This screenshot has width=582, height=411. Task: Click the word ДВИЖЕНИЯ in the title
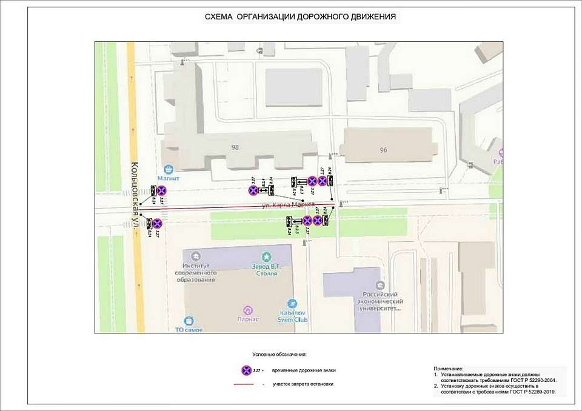[x=369, y=17]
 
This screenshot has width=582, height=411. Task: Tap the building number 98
[x=235, y=147]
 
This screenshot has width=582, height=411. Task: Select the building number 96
[x=383, y=150]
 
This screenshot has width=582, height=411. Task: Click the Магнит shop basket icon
[x=170, y=169]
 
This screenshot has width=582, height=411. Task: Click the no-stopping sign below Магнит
[x=161, y=191]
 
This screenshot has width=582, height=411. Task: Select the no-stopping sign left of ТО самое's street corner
[x=157, y=223]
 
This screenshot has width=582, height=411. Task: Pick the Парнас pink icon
[x=247, y=310]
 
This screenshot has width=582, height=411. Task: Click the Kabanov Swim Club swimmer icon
[x=293, y=303]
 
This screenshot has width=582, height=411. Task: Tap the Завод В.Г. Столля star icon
[x=264, y=256]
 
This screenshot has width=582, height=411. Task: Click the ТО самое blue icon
[x=189, y=320]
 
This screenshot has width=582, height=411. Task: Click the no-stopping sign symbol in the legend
[x=246, y=370]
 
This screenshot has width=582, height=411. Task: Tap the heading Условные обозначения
[x=279, y=353]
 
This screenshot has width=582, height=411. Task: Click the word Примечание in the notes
[x=449, y=369]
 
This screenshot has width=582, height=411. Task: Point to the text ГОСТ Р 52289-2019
[x=533, y=392]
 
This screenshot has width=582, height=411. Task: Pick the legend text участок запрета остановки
[x=303, y=384]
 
